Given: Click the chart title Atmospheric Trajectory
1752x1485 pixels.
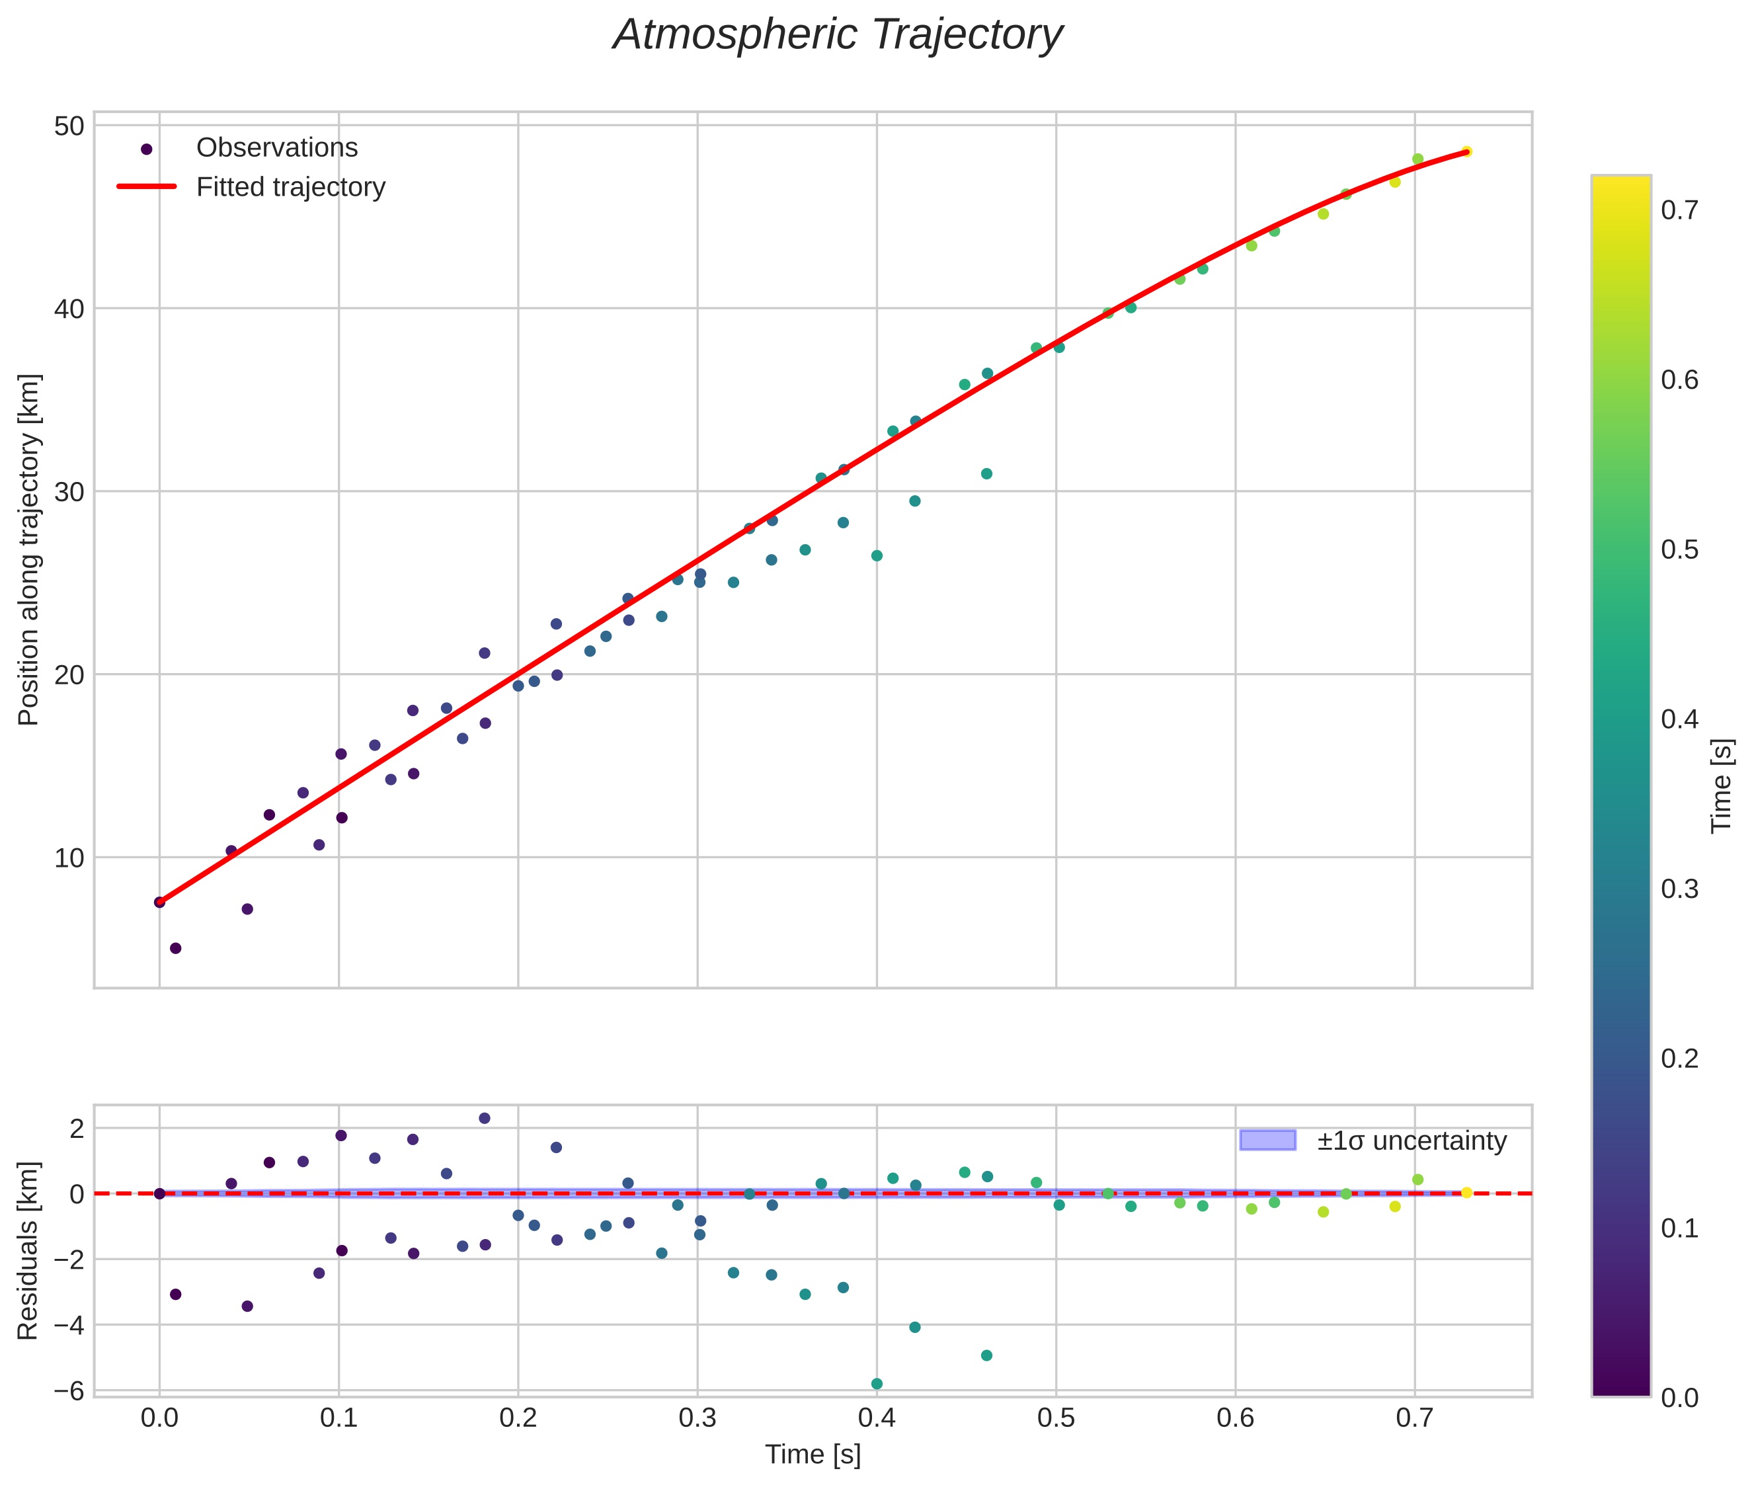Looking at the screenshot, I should [837, 35].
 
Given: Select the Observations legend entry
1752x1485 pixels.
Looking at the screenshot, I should [276, 148].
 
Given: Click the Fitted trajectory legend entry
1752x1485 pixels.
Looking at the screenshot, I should [290, 187].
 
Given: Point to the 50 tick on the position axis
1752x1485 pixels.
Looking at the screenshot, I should [69, 126].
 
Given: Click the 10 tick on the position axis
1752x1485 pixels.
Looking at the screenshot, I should [69, 858].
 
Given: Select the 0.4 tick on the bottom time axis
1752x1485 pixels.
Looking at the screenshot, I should [877, 1418].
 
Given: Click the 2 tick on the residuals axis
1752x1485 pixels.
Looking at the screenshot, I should [77, 1128].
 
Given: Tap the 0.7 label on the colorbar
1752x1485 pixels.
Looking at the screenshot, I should [1679, 210].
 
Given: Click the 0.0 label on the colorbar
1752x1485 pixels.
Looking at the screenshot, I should [1679, 1398].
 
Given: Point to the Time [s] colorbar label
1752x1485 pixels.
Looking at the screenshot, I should [1722, 785].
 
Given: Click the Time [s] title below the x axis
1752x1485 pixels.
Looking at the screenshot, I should [813, 1454].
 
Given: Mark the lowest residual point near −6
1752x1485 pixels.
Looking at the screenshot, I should [877, 1384].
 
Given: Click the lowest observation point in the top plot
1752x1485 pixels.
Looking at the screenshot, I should [175, 948].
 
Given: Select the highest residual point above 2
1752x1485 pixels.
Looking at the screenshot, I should [484, 1118].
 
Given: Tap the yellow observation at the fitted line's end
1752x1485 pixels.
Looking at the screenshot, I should [1466, 151].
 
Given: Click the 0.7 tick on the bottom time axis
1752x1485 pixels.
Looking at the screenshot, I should [1414, 1418].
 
